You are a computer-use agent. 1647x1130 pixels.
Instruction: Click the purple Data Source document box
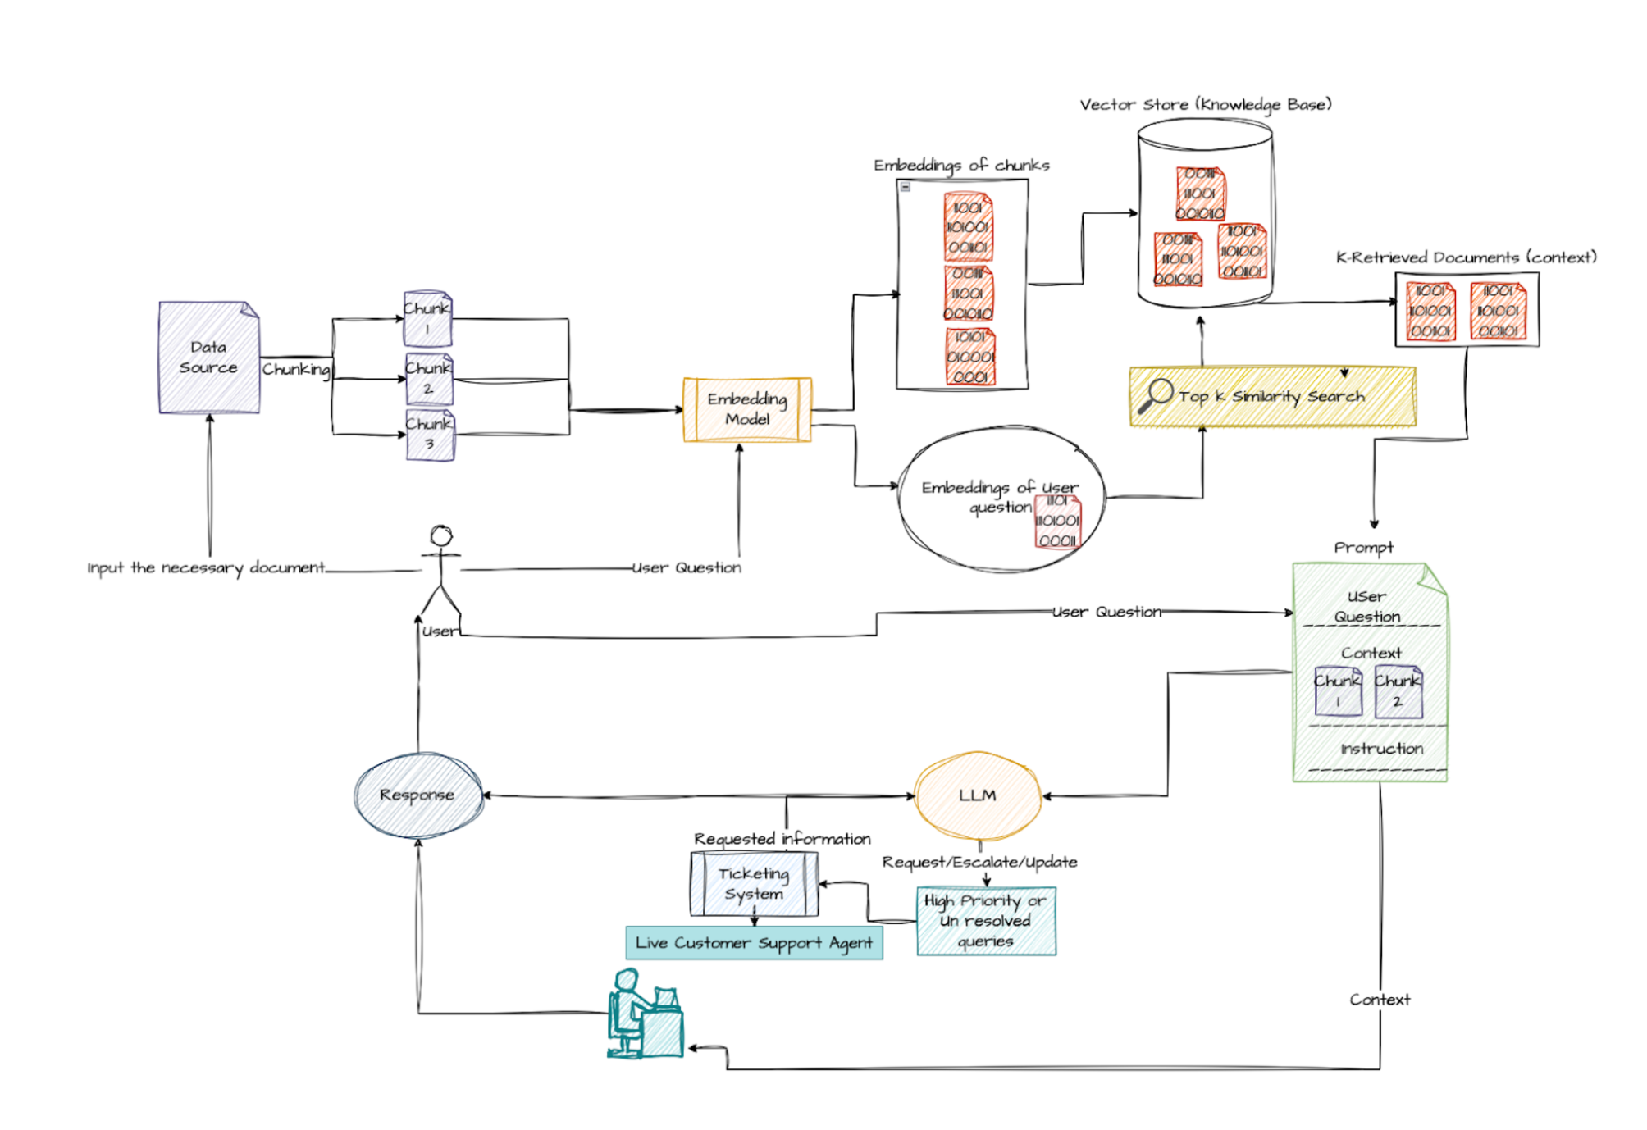click(209, 358)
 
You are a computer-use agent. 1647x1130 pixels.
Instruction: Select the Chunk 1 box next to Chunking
click(427, 318)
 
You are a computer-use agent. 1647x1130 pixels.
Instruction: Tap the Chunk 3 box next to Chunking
click(430, 435)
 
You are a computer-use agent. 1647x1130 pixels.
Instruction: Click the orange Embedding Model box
click(746, 409)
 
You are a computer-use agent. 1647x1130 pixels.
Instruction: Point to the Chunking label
click(296, 370)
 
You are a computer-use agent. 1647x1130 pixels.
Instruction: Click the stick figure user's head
click(441, 536)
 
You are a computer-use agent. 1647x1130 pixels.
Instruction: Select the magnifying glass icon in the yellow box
click(1156, 395)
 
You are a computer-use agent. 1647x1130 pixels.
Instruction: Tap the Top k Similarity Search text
click(1271, 397)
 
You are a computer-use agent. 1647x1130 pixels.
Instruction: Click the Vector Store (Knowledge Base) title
click(1205, 105)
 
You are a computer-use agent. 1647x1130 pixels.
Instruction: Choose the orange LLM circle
click(977, 795)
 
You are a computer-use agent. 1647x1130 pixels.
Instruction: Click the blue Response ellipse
click(417, 795)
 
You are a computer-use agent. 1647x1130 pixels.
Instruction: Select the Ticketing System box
click(754, 884)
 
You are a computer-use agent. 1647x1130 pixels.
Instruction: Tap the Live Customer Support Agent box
click(754, 943)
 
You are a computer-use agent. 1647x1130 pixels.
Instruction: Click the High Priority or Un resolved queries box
click(986, 921)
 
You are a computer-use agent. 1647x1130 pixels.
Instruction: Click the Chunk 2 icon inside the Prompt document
click(1398, 692)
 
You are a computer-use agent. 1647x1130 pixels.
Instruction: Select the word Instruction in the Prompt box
click(1381, 749)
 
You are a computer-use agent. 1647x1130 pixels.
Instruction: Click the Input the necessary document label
click(206, 567)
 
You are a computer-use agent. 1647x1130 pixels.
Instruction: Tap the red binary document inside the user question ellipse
click(1057, 521)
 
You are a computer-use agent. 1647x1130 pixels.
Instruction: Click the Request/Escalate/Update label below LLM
click(979, 862)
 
